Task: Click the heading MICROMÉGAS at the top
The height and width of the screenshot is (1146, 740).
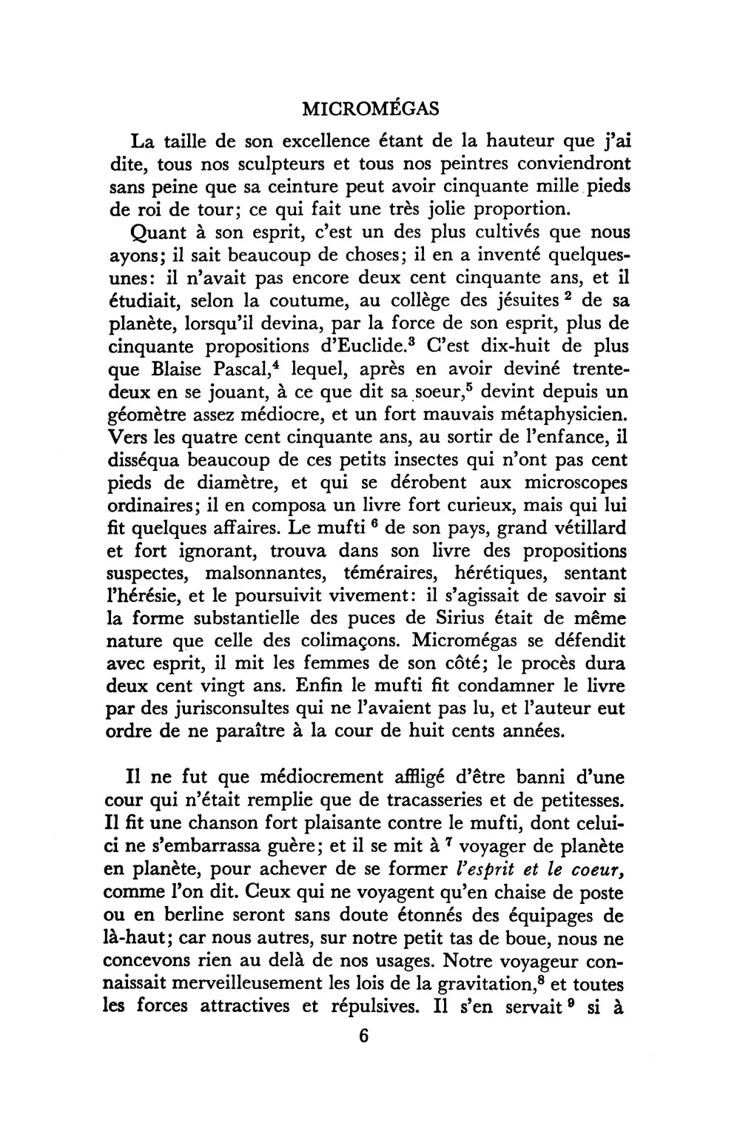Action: point(371,109)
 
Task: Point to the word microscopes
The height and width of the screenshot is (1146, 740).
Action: point(566,483)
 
